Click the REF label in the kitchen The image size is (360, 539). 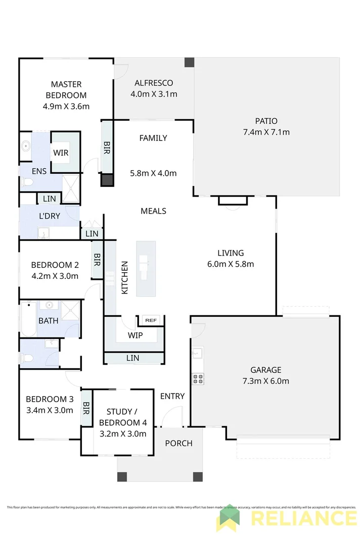150,320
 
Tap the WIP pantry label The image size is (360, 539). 135,335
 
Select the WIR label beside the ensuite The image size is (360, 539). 61,153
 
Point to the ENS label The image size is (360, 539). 39,171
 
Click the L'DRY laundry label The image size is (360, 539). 50,216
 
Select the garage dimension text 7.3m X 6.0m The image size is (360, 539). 265,381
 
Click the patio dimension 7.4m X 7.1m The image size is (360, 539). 266,132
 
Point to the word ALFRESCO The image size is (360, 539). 154,83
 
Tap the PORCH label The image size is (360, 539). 178,443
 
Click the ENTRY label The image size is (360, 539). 172,396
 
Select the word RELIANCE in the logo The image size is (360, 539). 303,519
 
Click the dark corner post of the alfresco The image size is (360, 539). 189,62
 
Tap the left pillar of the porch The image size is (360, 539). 122,476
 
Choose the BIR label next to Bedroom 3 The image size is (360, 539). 86,407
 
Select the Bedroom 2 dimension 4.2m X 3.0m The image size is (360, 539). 55,276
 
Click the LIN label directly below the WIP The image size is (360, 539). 133,358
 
